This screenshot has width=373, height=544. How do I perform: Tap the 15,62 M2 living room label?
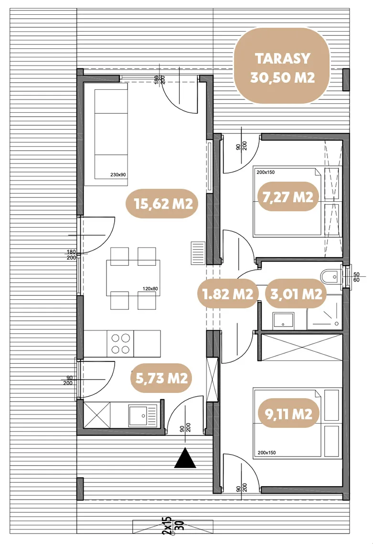(x=163, y=204)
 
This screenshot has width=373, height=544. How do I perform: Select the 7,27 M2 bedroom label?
(x=288, y=197)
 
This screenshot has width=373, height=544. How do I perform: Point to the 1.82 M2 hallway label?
(x=228, y=294)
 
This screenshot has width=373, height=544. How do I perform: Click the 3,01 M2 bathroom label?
(x=296, y=294)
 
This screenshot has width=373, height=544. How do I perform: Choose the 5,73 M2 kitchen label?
(x=161, y=378)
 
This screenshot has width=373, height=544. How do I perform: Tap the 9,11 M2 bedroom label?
(x=288, y=413)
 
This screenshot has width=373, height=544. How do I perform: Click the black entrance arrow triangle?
(x=185, y=458)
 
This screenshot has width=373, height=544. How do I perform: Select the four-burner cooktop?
(x=121, y=344)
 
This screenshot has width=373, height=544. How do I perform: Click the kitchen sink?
(x=143, y=415)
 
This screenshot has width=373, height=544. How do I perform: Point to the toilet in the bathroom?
(x=331, y=277)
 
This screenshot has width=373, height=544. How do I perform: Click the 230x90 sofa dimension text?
(x=118, y=175)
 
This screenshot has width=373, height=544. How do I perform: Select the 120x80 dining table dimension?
(x=150, y=288)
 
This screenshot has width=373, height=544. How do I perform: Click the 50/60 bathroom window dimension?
(x=356, y=277)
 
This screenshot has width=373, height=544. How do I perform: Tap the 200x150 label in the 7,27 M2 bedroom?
(x=266, y=172)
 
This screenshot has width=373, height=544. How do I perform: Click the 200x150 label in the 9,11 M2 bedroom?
(x=266, y=452)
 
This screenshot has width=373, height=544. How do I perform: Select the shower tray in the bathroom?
(x=324, y=312)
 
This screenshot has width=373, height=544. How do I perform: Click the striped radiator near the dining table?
(x=198, y=253)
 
